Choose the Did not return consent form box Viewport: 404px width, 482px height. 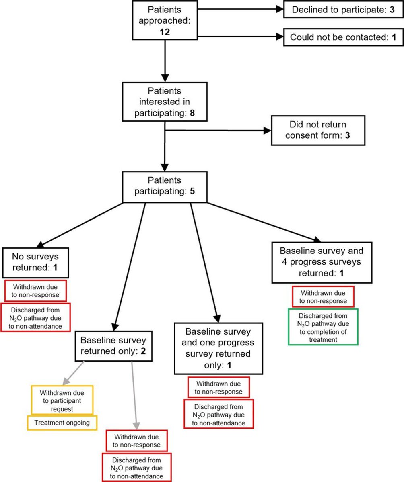(318, 131)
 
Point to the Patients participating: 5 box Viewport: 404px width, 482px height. (165, 186)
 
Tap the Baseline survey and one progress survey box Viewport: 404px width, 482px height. (218, 348)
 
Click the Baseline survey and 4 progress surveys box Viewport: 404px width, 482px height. (321, 262)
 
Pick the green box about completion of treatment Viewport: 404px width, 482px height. (323, 327)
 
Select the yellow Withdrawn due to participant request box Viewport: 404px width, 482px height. (62, 400)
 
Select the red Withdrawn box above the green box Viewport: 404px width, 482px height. (323, 296)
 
